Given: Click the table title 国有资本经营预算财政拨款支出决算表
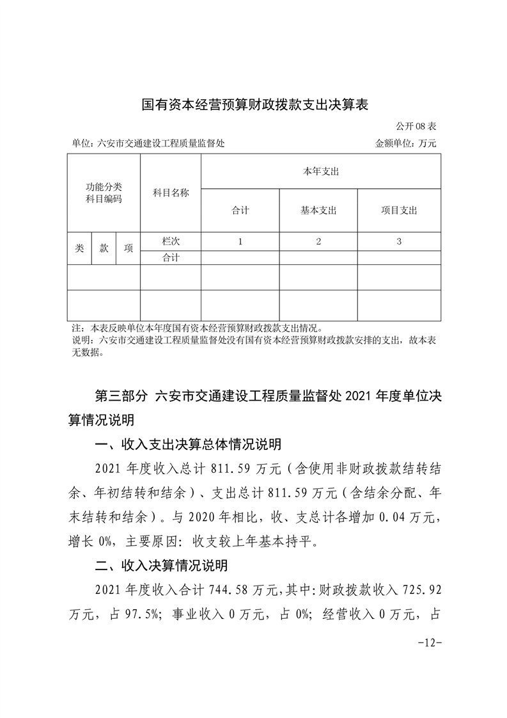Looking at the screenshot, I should tap(254, 104).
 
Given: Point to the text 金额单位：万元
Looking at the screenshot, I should tap(405, 144).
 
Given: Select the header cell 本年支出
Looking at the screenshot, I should tap(320, 172).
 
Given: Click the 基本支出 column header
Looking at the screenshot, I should tap(318, 210).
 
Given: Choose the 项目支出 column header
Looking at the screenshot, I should tap(399, 210).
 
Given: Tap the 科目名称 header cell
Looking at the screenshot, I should tap(171, 193).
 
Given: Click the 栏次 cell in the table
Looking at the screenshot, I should tap(171, 241).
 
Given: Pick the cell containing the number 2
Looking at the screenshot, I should tap(318, 241).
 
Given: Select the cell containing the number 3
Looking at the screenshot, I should tap(399, 241).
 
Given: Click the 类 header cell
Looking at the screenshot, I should tap(79, 248).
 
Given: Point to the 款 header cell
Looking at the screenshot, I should tap(104, 248).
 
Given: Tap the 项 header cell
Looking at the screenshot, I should tap(128, 248).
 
